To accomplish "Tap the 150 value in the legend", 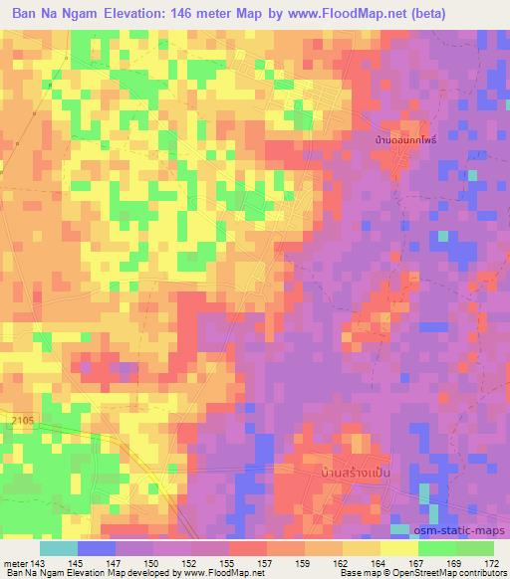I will [154, 564].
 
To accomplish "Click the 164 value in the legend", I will [381, 564].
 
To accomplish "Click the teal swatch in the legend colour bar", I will [58, 548].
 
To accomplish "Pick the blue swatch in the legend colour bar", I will [96, 548].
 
